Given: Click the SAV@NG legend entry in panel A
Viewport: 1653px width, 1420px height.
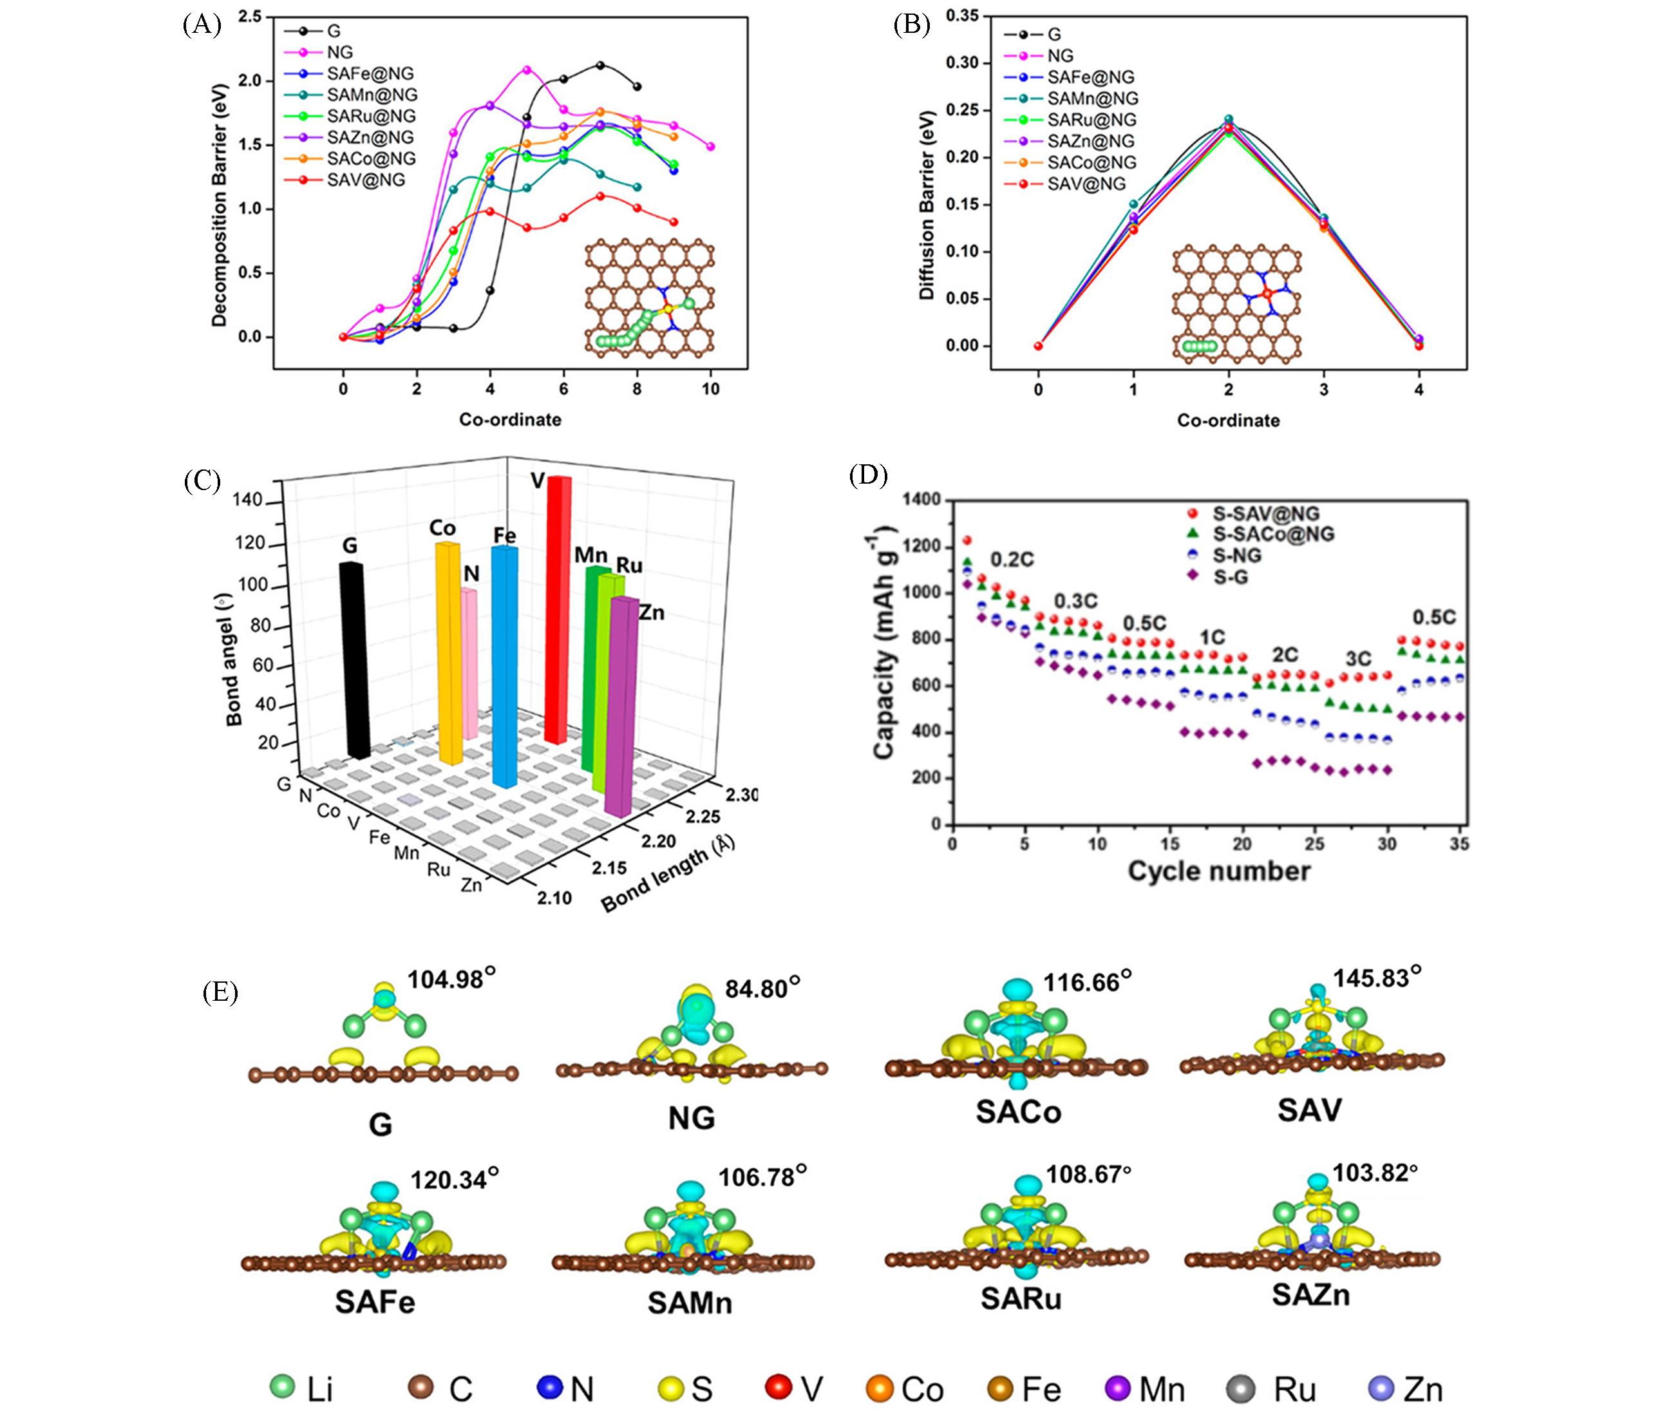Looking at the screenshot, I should click(365, 180).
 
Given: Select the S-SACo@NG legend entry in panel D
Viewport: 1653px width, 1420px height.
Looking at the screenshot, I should click(1273, 534).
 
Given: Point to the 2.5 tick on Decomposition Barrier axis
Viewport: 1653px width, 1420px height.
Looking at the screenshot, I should click(250, 17).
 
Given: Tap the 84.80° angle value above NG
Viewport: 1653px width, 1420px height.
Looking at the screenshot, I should click(762, 989).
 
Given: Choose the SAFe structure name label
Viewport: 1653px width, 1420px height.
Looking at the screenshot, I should click(375, 1302).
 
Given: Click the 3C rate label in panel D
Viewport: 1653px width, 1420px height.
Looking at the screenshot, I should click(1358, 659).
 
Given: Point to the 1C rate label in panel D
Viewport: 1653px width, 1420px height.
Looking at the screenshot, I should click(1213, 637).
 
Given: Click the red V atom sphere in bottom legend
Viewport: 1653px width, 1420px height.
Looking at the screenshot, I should click(778, 1387).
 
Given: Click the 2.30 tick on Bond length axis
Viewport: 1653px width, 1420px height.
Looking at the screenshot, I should click(741, 795).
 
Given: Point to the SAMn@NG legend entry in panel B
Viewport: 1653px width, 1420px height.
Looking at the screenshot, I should click(1092, 98).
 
